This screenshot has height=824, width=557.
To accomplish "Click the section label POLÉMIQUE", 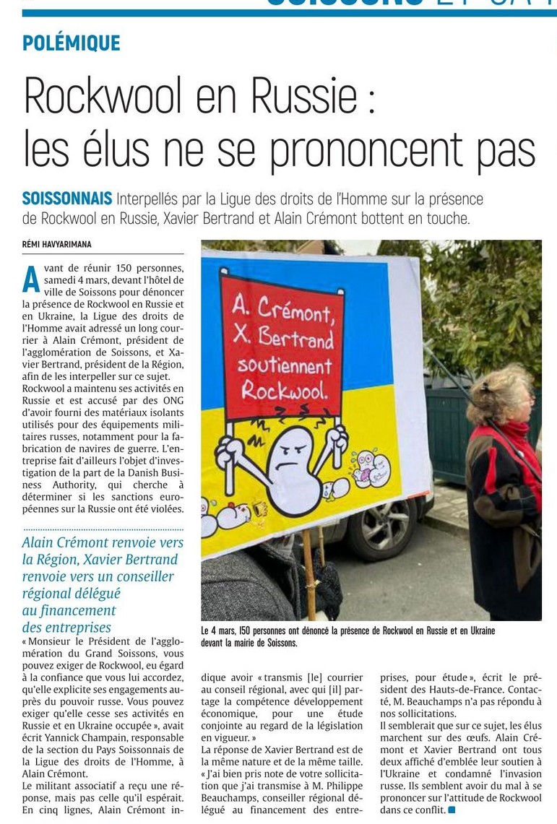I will [x=71, y=43].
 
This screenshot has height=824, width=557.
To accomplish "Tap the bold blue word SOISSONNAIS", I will [x=67, y=199].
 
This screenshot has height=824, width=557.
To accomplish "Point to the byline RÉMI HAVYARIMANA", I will [x=57, y=245].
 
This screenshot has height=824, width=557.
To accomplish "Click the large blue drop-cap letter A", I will [x=31, y=279].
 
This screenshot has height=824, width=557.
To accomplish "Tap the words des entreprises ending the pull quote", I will [x=66, y=627].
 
